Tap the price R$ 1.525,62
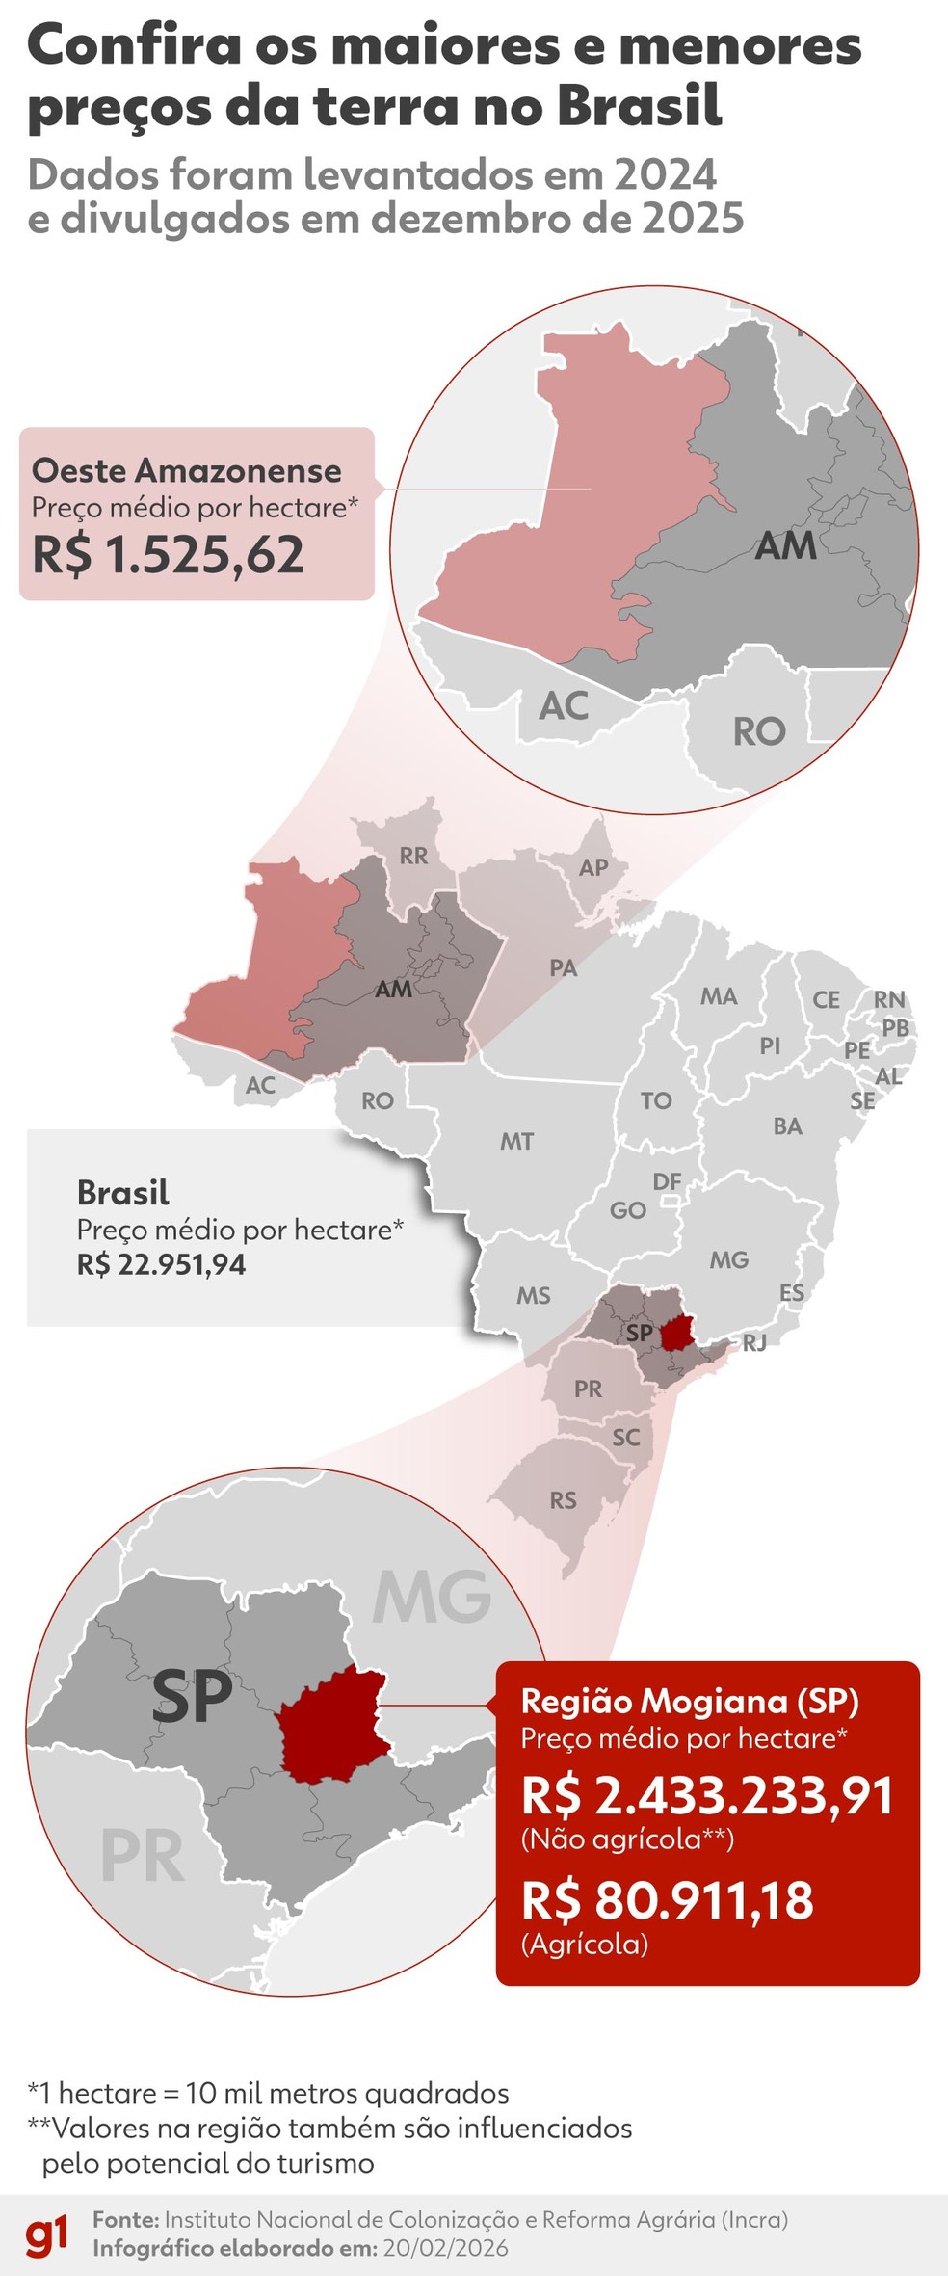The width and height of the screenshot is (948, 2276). [169, 555]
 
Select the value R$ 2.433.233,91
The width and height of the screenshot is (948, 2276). [707, 1796]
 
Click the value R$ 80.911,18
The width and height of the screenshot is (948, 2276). [667, 1901]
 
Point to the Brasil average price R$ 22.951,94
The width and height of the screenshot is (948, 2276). [161, 1264]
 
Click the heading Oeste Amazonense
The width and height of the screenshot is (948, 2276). [187, 470]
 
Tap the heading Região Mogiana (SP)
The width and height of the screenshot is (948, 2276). [690, 1702]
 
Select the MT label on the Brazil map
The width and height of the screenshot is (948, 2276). [516, 1142]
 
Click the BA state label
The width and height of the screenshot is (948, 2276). [787, 1126]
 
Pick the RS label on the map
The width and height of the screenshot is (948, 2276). [564, 1500]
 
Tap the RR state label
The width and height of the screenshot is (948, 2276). [413, 856]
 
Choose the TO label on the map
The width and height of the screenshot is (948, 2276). [656, 1100]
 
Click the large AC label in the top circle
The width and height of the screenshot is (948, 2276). [564, 706]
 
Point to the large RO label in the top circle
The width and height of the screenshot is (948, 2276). [759, 732]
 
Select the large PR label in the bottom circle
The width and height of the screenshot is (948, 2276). [143, 1857]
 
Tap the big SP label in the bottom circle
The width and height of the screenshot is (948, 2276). [192, 1697]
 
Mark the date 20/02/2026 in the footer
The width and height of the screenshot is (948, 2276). [445, 2249]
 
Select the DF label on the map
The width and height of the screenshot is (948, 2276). [667, 1181]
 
